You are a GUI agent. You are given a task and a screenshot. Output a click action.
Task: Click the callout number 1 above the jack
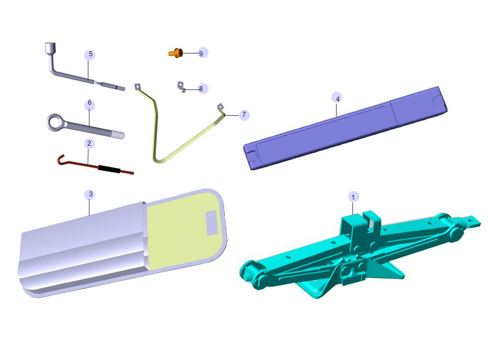(x=353, y=197)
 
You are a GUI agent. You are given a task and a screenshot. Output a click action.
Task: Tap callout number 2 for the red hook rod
(x=89, y=143)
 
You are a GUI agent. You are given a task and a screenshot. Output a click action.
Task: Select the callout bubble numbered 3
(x=91, y=194)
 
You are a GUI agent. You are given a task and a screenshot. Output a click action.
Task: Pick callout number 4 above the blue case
(x=337, y=99)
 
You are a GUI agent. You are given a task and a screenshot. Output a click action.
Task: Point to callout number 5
(x=91, y=54)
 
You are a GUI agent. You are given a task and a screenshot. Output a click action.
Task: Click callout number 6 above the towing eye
(x=89, y=103)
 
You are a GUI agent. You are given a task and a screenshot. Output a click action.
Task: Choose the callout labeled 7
(x=244, y=115)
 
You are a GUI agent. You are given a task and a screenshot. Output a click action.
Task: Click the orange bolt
(x=176, y=52)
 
